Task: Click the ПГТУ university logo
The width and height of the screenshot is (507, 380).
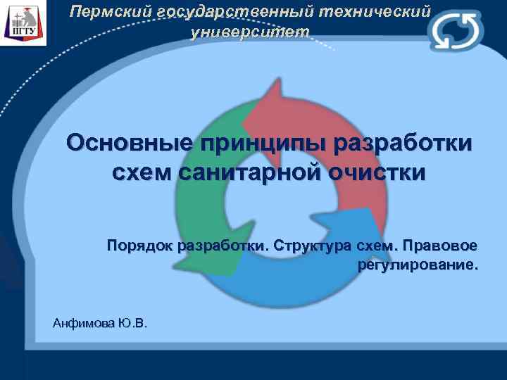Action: coord(23,23)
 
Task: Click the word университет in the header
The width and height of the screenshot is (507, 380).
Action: coord(250,32)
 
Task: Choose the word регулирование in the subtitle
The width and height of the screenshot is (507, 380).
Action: coord(417,266)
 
